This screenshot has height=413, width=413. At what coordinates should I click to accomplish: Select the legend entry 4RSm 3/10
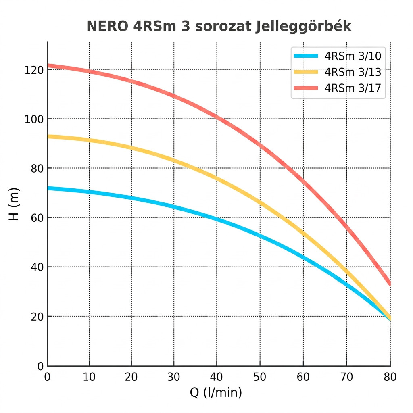click(x=353, y=56)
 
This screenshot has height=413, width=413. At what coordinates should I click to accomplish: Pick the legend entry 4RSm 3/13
click(x=353, y=72)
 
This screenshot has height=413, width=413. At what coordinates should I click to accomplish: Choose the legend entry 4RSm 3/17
click(x=353, y=88)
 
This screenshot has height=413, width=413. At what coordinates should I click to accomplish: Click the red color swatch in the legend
click(x=306, y=88)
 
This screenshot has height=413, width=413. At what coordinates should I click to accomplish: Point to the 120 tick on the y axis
click(x=33, y=70)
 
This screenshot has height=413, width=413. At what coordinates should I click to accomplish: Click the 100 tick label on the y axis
click(x=33, y=119)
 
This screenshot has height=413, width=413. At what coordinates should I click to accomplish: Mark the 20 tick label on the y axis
click(x=37, y=317)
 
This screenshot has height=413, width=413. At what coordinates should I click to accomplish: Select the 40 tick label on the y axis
click(x=37, y=267)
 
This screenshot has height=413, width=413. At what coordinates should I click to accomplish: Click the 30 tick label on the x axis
click(x=174, y=377)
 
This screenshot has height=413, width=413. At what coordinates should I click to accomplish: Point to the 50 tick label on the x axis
click(x=260, y=377)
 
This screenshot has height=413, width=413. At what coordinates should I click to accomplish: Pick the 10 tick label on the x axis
click(x=89, y=377)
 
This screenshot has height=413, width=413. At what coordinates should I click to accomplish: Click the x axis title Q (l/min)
click(x=216, y=392)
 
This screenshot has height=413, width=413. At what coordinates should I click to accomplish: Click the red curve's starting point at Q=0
click(x=48, y=65)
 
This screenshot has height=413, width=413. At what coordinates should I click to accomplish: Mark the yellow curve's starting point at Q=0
click(x=48, y=136)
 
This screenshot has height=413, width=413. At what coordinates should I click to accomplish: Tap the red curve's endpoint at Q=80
click(x=390, y=283)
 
